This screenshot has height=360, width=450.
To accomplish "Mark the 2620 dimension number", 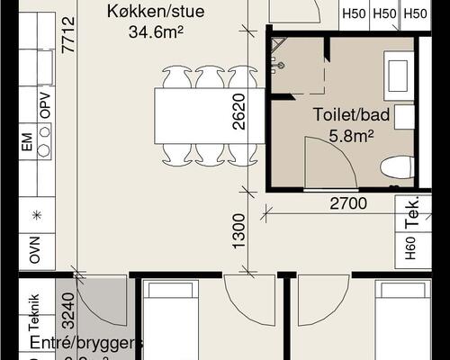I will coord(238,112).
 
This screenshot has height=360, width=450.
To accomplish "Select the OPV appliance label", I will coord(44,107).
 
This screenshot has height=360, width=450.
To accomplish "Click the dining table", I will coord(206,115).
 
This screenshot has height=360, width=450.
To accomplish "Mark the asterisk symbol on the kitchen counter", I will coord(36,216).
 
